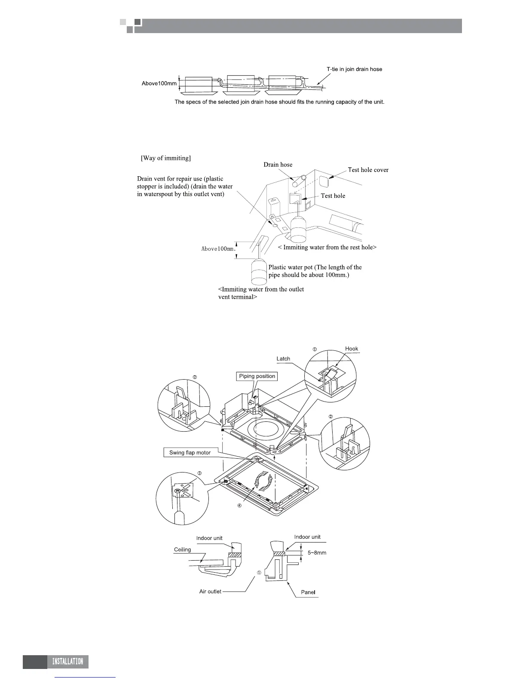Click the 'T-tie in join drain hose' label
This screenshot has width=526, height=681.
[354, 69]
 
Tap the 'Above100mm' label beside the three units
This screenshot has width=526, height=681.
[159, 83]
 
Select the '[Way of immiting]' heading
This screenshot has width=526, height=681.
[166, 158]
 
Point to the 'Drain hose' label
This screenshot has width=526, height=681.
[278, 165]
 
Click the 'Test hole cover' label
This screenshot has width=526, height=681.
[368, 170]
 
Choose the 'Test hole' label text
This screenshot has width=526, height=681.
[333, 196]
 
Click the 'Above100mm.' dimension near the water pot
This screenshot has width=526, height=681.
[219, 248]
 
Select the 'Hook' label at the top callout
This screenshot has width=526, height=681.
[352, 349]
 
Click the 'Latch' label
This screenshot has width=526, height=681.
[283, 359]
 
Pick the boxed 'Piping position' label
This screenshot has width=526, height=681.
[257, 376]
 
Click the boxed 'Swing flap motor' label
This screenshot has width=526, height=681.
[190, 453]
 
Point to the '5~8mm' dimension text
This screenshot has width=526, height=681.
[317, 552]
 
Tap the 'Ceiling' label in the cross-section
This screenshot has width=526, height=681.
[182, 549]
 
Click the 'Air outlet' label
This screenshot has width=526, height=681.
[210, 592]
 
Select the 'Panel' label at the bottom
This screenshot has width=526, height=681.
[308, 592]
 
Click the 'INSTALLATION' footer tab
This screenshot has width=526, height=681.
[67, 661]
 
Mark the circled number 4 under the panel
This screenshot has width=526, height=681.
[240, 506]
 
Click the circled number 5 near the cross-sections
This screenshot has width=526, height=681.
[259, 573]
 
